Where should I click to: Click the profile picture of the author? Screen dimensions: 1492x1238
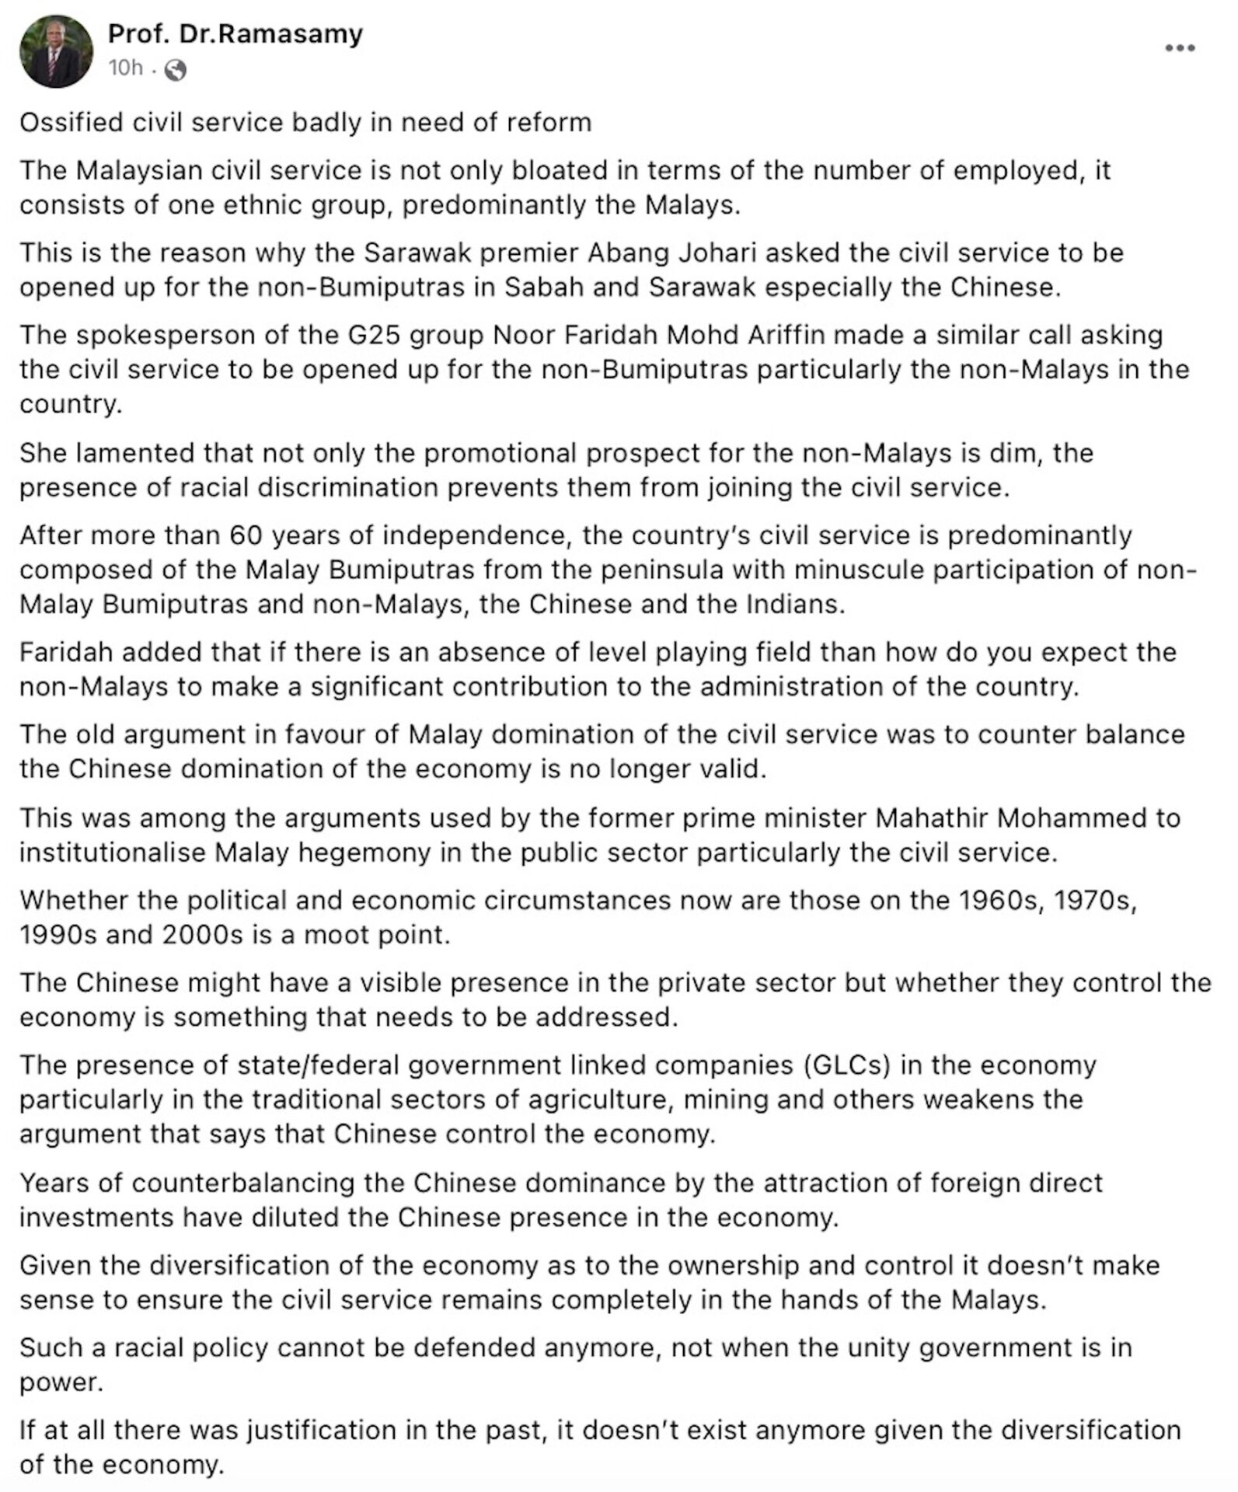coord(56,51)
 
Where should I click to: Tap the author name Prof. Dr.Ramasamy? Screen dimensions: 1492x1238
coord(235,33)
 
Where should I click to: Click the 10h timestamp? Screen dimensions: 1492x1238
coord(125,69)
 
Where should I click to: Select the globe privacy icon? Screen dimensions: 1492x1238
coord(176,71)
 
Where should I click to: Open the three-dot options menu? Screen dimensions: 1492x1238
coord(1179,48)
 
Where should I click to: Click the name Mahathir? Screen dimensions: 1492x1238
coord(930,818)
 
